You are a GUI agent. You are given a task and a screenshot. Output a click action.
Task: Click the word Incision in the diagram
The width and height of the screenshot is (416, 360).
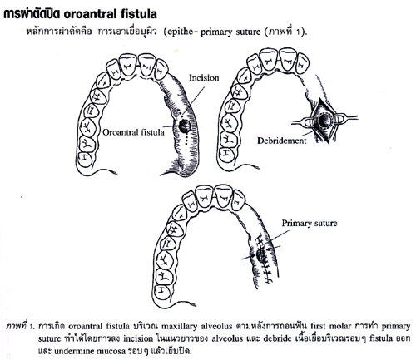click(204, 78)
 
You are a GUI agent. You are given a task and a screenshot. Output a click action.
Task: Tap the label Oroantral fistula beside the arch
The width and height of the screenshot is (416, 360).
click(133, 132)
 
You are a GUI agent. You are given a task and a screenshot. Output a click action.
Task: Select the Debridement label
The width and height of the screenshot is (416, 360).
click(282, 141)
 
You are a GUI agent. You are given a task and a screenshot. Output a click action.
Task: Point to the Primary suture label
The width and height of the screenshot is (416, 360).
click(310, 224)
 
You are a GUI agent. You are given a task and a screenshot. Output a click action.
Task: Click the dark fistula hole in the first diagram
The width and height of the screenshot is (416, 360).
click(184, 126)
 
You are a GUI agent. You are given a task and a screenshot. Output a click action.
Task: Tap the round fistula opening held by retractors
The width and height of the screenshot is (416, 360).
click(323, 120)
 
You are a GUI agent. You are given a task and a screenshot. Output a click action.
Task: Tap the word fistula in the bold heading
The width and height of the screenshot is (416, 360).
click(141, 14)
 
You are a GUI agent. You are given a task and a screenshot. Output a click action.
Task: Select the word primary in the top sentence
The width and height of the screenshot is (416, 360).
click(216, 32)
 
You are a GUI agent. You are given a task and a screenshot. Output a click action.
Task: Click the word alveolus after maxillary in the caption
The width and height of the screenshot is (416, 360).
click(216, 326)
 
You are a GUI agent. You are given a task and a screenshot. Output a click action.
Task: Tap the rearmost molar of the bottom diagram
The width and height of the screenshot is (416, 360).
click(162, 292)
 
